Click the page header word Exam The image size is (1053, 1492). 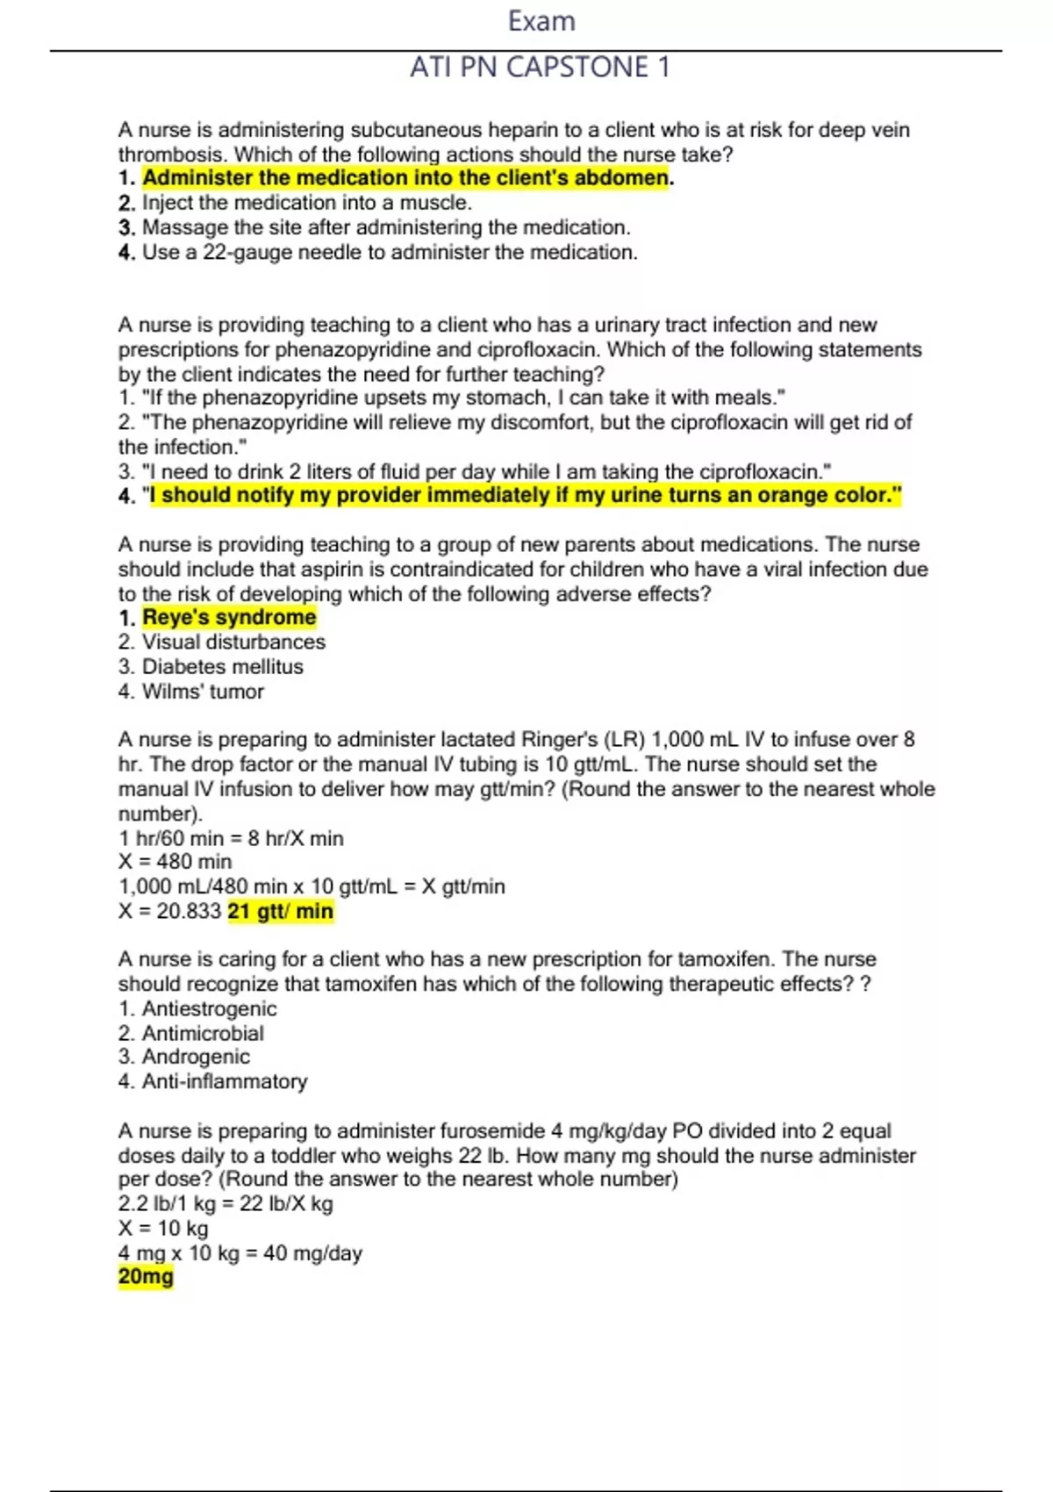click(541, 21)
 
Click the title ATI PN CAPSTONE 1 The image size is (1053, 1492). click(540, 67)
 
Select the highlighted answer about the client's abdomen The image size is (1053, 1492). click(405, 178)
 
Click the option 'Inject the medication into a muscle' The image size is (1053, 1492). click(306, 203)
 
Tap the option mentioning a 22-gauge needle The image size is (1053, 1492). click(390, 253)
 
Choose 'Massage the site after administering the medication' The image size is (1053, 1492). click(386, 227)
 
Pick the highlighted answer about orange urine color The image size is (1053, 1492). click(525, 496)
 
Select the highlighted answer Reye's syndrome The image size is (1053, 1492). click(229, 618)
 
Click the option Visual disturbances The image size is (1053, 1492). click(233, 642)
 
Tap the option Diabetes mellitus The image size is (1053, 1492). click(222, 667)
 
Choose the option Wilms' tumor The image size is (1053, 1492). click(203, 692)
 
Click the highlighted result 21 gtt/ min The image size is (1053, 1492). click(281, 912)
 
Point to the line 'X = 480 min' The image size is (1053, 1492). click(175, 862)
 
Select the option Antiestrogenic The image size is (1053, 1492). click(209, 1009)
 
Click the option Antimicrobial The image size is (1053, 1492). click(203, 1034)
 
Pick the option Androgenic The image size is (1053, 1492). click(196, 1058)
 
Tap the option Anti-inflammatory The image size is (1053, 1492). click(225, 1082)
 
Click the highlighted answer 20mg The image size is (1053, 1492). click(146, 1277)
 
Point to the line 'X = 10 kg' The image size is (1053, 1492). click(163, 1229)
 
